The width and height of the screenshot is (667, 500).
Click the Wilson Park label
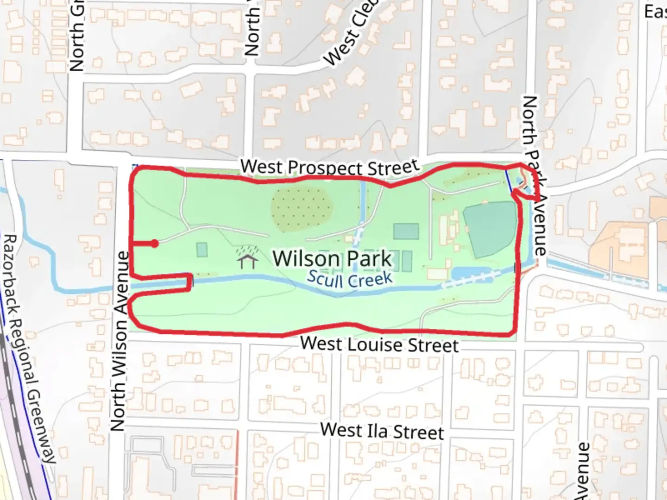pyautogui.click(x=332, y=258)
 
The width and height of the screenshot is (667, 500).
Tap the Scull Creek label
pyautogui.click(x=350, y=279)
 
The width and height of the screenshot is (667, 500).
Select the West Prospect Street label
pyautogui.click(x=330, y=167)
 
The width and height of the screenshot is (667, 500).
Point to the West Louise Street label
pyautogui.click(x=379, y=344)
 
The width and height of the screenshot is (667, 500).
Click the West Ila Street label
pyautogui.click(x=382, y=431)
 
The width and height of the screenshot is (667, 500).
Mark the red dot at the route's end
pyautogui.click(x=155, y=244)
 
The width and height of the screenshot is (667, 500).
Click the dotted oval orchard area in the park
pyautogui.click(x=302, y=209)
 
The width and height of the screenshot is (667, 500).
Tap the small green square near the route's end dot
pyautogui.click(x=201, y=250)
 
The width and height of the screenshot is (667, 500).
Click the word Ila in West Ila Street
pyautogui.click(x=377, y=431)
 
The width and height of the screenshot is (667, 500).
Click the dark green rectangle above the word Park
pyautogui.click(x=406, y=231)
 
